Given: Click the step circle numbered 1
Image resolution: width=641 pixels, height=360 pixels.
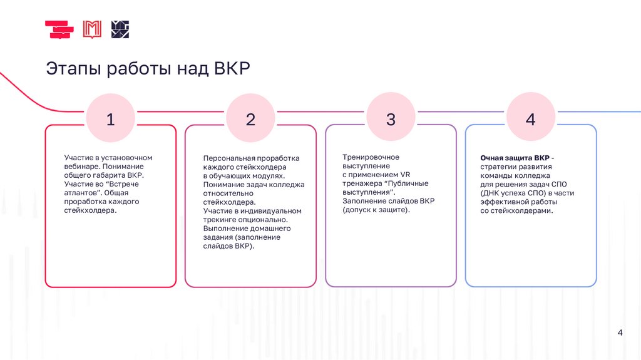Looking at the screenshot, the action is coord(111,119).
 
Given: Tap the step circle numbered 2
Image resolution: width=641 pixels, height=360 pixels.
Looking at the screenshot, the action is coord(250,119).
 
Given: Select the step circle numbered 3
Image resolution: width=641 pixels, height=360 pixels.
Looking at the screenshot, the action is coord(391,119).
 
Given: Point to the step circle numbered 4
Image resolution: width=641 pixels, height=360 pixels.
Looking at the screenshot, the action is coord(531,119).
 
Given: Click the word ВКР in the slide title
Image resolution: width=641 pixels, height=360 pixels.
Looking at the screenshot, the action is coord(232,68).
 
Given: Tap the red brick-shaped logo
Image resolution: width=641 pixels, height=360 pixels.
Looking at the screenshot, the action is coord(59,29).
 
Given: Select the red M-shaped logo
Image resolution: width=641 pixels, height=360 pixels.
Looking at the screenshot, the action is coord(92,29).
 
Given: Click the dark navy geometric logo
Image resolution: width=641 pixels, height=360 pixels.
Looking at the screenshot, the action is coord(120,29).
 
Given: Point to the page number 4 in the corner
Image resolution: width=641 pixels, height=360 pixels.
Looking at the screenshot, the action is coord(620,332).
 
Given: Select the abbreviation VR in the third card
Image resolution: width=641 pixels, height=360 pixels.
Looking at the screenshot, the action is coord(405,175).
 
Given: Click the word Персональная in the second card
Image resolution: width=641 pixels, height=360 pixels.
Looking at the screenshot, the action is coord(228,158).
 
